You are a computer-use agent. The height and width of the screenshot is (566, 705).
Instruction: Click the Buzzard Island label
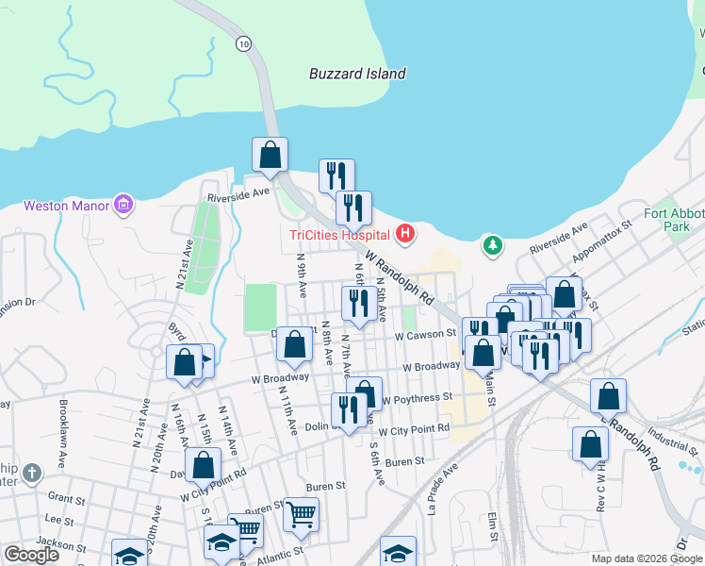358,74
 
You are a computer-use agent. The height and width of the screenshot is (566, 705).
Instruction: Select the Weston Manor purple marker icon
123,204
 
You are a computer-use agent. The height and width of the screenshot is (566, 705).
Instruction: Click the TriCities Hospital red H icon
405,233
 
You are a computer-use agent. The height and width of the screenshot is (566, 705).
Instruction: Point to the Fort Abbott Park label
673,220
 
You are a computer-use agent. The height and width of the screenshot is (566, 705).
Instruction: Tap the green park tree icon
491,245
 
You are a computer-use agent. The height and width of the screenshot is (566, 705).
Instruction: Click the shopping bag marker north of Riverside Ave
270,155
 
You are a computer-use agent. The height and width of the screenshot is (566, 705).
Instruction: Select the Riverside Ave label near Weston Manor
238,194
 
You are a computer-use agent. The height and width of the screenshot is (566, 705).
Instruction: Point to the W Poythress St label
417,399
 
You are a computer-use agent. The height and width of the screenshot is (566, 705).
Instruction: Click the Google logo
32,555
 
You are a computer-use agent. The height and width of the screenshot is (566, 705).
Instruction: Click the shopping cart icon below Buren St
301,514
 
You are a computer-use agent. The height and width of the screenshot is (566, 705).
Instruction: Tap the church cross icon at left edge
32,472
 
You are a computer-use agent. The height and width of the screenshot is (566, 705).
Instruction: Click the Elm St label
493,528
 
